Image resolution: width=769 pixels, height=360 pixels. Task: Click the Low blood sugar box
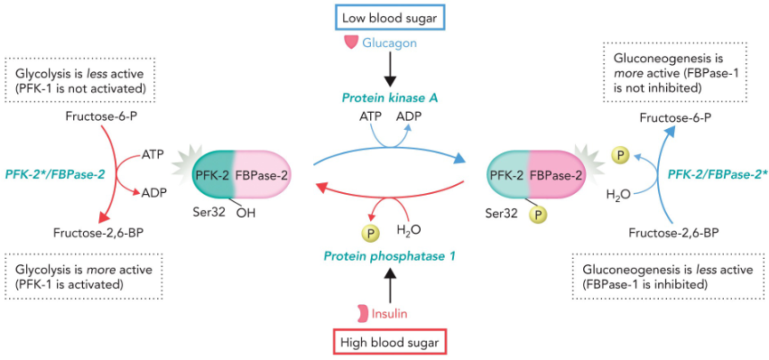coord(389,17)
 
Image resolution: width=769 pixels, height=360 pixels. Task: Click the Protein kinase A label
coord(390,97)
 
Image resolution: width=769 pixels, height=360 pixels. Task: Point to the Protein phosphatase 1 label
coord(391,256)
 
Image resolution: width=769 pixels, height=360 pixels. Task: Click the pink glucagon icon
coord(350,42)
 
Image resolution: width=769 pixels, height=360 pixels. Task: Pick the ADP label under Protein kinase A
coord(409,116)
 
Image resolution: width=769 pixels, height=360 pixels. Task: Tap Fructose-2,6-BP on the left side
coord(103,232)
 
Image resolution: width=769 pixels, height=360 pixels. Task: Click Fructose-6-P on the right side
coord(669,118)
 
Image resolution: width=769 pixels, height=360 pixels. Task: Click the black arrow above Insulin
coord(390,286)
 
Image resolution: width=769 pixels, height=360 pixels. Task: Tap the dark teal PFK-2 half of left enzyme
coord(210,174)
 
